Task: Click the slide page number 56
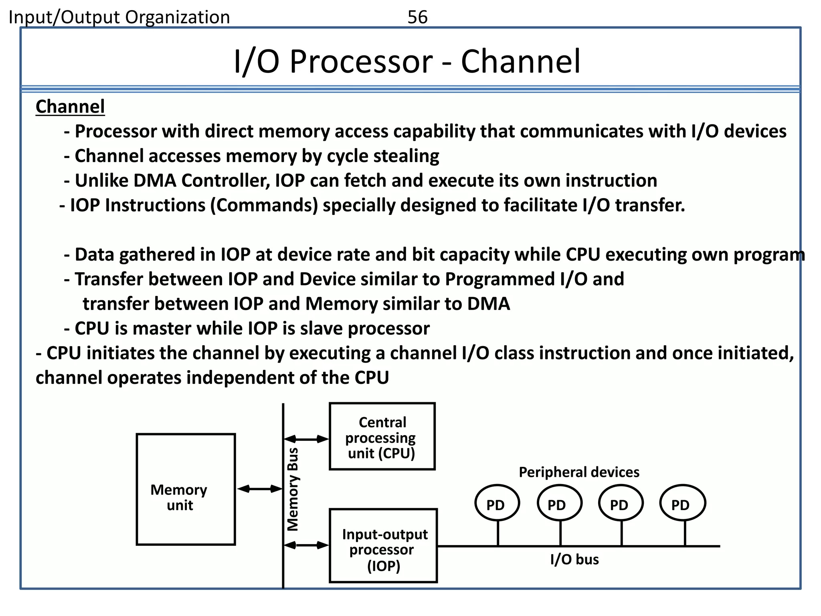tap(417, 17)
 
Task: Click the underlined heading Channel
tap(70, 107)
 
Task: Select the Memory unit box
tap(186, 489)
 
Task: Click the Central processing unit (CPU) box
tap(382, 436)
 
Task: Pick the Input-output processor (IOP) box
tap(383, 546)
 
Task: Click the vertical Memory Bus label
tap(293, 489)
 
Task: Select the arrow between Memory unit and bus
tap(259, 488)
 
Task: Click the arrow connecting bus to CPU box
tap(306, 439)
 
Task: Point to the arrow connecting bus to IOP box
tap(306, 545)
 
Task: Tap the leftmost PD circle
tap(497, 503)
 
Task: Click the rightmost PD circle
tap(682, 503)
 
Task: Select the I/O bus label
tap(574, 559)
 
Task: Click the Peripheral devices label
tap(579, 472)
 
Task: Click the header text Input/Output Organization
tap(119, 17)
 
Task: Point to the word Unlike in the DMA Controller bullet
tap(102, 180)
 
